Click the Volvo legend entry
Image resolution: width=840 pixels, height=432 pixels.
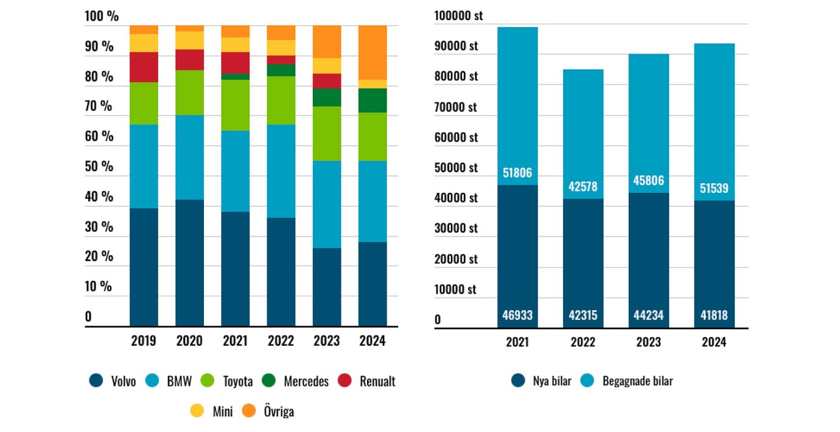click(x=113, y=381)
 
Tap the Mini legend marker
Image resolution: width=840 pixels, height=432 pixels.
click(x=197, y=411)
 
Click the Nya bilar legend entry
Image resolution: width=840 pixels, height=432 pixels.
click(x=542, y=381)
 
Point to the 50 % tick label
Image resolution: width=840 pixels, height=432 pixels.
click(x=99, y=166)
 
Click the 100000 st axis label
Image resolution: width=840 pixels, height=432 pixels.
click(x=458, y=16)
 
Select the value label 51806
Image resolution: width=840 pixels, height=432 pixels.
click(x=517, y=173)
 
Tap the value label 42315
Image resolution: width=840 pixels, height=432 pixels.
click(x=583, y=316)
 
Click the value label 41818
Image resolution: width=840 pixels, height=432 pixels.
click(x=713, y=316)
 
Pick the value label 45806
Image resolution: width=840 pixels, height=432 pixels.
click(x=648, y=181)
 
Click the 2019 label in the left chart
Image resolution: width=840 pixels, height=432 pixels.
click(x=144, y=341)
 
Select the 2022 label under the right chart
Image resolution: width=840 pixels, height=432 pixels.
click(x=583, y=342)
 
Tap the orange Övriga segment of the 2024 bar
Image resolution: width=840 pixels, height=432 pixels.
click(x=373, y=52)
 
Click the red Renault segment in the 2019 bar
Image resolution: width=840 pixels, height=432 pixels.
click(x=144, y=67)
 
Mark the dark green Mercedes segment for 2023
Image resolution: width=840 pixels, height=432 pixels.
click(x=327, y=97)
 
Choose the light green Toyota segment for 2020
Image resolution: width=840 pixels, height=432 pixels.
click(x=189, y=92)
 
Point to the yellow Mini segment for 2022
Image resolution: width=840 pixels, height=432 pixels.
click(x=281, y=47)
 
